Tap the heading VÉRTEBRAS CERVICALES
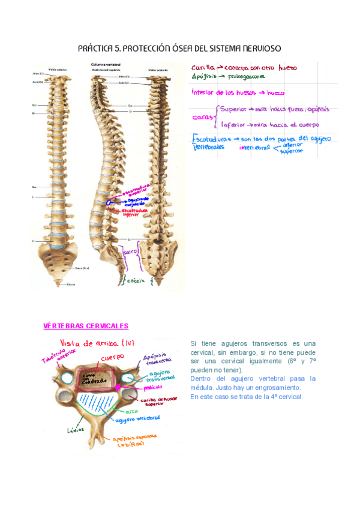(x=86, y=326)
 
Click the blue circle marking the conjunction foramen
(x=109, y=203)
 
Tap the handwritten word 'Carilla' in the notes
(x=203, y=68)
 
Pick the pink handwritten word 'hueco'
(x=275, y=93)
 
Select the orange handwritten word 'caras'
(x=202, y=117)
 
